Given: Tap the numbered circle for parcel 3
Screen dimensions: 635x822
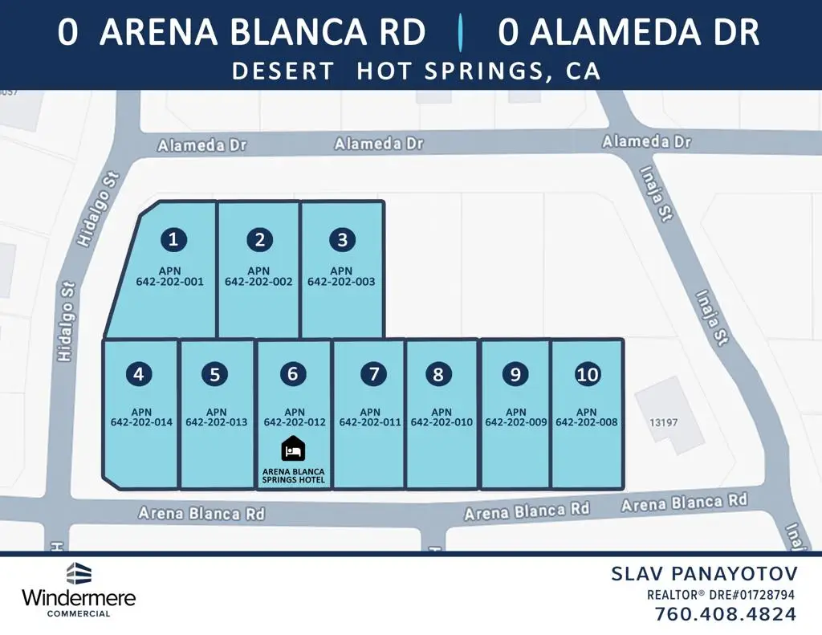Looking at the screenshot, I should point(343,239).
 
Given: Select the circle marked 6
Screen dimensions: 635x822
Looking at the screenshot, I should point(293,373).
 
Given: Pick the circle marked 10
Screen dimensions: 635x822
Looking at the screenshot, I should point(588,374).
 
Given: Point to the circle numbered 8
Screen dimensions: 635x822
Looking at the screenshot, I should point(438,374).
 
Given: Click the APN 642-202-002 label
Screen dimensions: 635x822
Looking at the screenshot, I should point(258,277).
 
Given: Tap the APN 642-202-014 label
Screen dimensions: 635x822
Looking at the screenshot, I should point(141,417).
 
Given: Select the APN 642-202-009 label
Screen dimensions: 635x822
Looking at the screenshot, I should point(516,417).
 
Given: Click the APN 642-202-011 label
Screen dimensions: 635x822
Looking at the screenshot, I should point(370,417).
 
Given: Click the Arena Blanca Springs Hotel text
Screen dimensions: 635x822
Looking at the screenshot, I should point(294,475).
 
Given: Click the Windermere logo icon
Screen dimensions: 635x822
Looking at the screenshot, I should point(79,573).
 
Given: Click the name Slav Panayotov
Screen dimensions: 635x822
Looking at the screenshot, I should point(705,573).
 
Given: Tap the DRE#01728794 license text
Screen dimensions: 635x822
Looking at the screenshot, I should point(753,595).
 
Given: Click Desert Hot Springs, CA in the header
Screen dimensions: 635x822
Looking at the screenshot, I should point(416,71).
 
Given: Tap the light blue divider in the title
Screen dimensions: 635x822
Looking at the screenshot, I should point(461,33).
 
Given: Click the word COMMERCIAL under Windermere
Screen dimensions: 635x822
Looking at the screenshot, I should point(79,613).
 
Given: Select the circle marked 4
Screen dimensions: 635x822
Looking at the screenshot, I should point(140,373).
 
